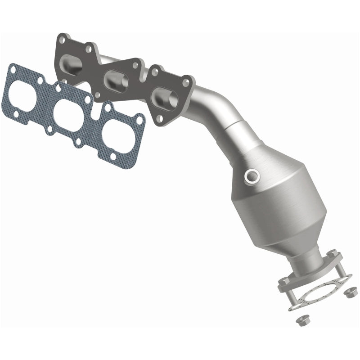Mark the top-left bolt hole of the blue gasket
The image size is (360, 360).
pos(13,70)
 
